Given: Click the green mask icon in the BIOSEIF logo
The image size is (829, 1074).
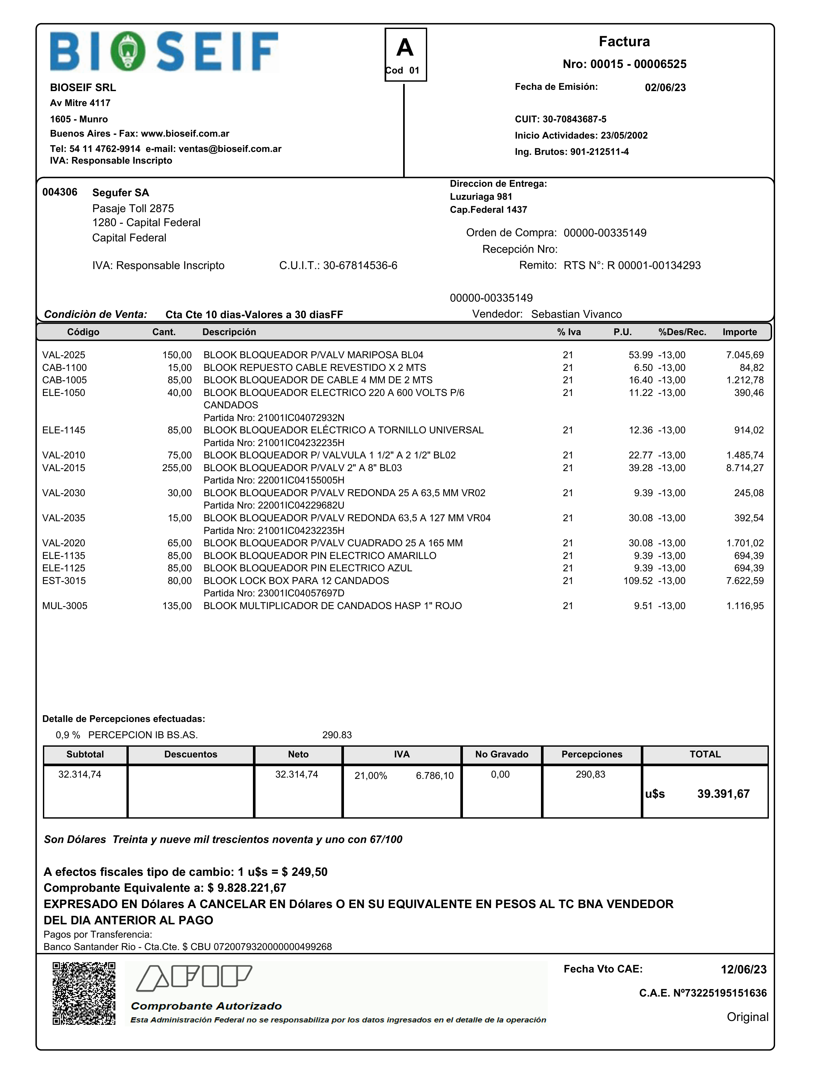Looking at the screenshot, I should pos(128,51).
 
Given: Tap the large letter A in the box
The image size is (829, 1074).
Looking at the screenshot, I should pos(405,48).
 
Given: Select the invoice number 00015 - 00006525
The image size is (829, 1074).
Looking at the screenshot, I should pos(624,64).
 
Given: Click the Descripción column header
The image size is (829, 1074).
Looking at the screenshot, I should pos(229,332).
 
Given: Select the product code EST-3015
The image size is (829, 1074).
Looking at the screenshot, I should pos(64,581).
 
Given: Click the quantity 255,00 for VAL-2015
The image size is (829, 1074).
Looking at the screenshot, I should pos(177,468).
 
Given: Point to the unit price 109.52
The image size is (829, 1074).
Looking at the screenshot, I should pos(638,581).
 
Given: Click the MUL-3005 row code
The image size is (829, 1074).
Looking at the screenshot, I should pos(65,606).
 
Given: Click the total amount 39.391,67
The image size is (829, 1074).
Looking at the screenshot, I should pos(723,794).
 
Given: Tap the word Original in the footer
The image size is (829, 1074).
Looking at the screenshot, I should pos(747,1017).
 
